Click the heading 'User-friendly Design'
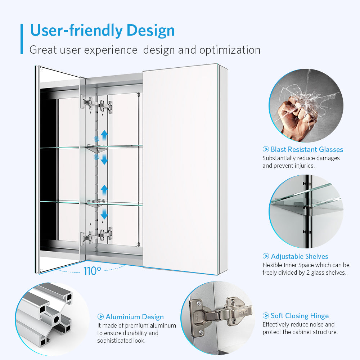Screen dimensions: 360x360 coord(102,30)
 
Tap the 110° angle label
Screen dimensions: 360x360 coord(92,271)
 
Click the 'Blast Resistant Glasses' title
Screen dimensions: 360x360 coord(307,149)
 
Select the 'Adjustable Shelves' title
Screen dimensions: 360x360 coord(300,256)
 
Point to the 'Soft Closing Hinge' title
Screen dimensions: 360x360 coord(300,316)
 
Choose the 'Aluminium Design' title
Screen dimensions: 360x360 coord(135,317)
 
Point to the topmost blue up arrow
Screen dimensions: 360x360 coord(104,135)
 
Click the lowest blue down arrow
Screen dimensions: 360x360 coord(104,214)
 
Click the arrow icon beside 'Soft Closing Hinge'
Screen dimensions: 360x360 coord(266,316)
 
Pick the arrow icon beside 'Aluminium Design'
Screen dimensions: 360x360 coord(100,317)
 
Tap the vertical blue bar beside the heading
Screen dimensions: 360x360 coord(22,39)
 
